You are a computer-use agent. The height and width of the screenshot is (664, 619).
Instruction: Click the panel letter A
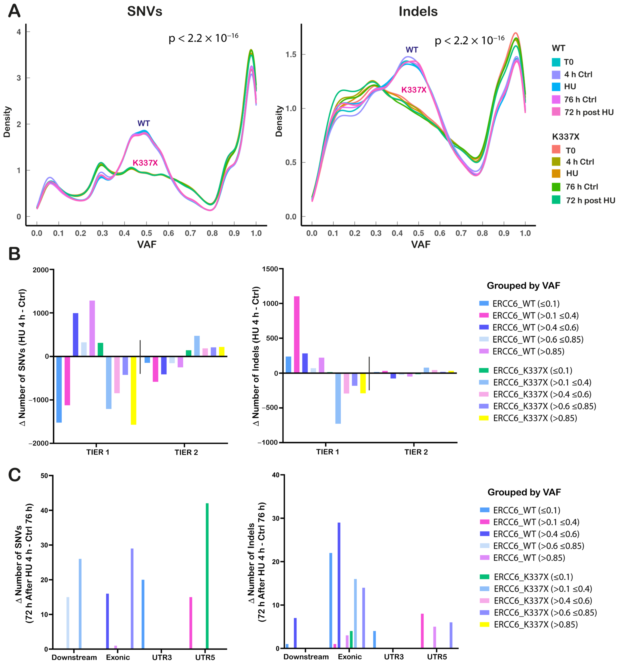(x=14, y=11)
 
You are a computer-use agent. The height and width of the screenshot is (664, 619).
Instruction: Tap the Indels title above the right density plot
(x=418, y=12)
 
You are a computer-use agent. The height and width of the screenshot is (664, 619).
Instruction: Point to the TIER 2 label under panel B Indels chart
(x=416, y=452)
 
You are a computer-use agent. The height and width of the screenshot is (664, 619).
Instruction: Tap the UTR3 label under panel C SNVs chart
(x=162, y=657)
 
